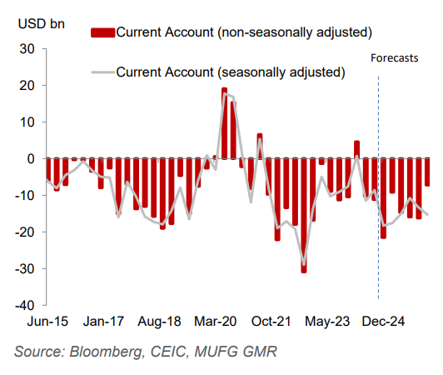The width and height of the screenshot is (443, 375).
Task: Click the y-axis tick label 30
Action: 26,49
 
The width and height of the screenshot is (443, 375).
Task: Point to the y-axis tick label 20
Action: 26,86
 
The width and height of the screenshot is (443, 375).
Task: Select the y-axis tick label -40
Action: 23,305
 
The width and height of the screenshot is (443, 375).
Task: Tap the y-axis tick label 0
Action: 29,158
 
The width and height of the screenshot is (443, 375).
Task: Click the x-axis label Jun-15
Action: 47,321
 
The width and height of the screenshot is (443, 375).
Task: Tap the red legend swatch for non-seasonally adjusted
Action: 101,32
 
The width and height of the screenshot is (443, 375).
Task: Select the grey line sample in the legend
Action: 101,72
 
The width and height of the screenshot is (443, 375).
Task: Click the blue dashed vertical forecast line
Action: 379,208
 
